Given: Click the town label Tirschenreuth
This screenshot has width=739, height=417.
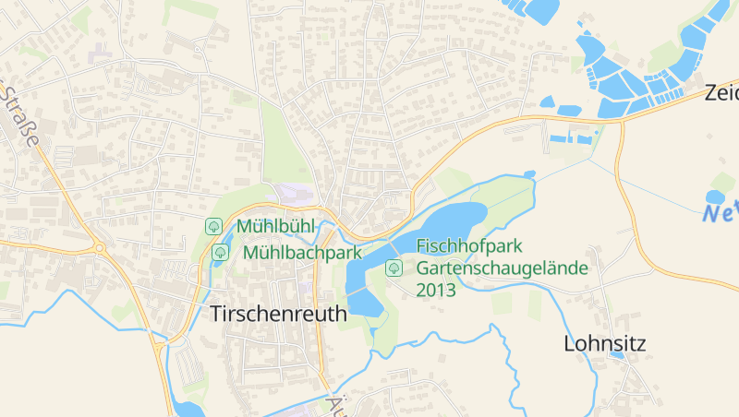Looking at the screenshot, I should (279, 314).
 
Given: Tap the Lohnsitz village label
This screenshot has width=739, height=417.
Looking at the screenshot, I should (605, 344).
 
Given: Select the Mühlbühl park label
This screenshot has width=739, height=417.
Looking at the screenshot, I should (276, 226).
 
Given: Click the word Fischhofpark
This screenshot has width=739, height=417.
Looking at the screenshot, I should (470, 246).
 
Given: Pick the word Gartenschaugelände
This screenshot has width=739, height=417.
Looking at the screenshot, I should (503, 268).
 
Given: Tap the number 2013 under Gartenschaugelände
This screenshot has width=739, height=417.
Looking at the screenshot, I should (436, 290).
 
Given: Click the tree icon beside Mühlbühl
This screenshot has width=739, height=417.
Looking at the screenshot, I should (213, 226).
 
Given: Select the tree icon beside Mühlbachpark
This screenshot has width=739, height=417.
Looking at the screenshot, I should (220, 252).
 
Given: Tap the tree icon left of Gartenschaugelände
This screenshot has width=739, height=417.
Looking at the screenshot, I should (394, 268).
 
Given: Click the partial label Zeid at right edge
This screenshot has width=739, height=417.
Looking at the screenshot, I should (721, 93).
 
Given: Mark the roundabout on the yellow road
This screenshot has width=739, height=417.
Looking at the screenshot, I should (99, 247).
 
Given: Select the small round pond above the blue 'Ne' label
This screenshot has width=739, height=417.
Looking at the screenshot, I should (715, 197).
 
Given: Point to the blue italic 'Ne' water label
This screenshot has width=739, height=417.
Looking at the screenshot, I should (720, 215).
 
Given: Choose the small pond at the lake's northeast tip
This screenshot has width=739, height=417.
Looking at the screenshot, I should (529, 173).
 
